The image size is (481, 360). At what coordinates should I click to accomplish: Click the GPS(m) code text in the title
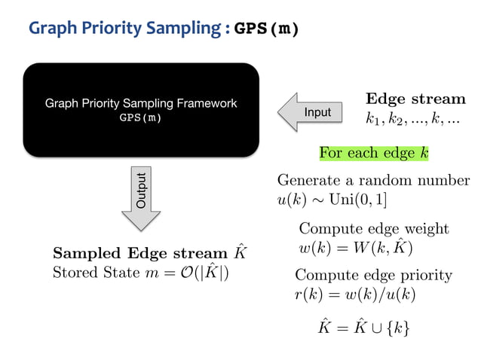[267, 29]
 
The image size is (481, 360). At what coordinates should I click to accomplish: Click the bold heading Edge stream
[415, 99]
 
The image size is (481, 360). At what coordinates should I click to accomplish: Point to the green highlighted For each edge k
[373, 153]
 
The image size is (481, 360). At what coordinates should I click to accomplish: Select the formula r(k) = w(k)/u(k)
[355, 293]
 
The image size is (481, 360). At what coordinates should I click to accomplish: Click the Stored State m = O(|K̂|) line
[141, 272]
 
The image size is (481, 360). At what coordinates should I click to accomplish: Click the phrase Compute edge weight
[374, 228]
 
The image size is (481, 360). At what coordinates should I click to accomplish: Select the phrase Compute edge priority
[373, 275]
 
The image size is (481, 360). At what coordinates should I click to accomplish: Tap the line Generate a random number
[373, 181]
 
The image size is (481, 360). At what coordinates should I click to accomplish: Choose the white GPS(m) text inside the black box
[141, 118]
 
